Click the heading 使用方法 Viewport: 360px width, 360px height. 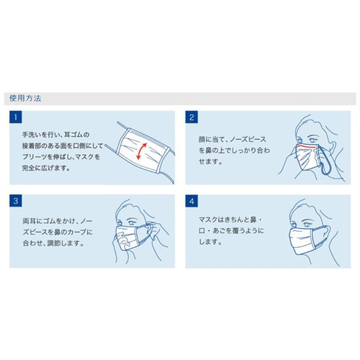click(x=25, y=98)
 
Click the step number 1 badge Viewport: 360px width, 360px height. click(x=16, y=117)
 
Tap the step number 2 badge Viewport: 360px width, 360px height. click(x=192, y=117)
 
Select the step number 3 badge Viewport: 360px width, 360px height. click(x=16, y=201)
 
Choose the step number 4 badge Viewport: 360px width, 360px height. click(x=192, y=201)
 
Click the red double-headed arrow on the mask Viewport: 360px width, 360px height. click(x=142, y=151)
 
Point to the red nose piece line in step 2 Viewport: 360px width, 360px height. click(x=307, y=146)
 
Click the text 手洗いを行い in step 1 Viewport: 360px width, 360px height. click(x=40, y=135)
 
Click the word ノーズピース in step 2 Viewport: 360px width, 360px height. click(x=248, y=139)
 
